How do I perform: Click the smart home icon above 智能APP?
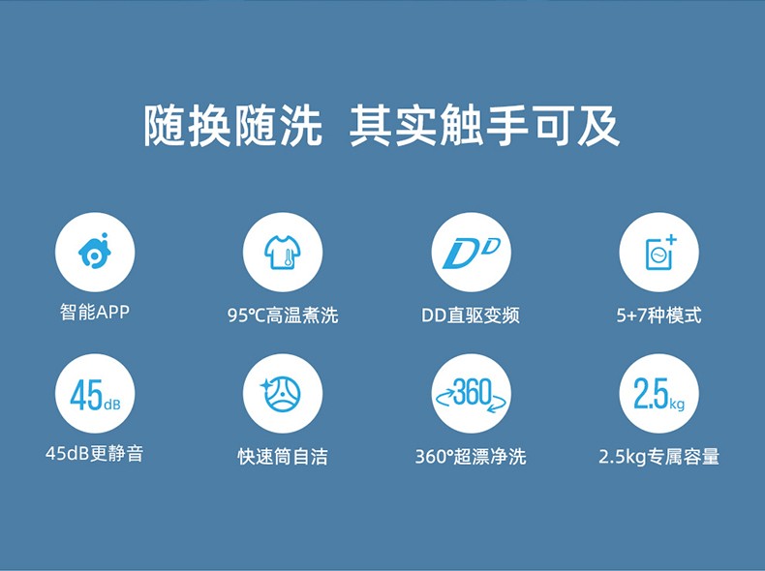tap(95, 252)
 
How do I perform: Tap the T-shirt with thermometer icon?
tap(283, 252)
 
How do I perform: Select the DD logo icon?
tap(471, 252)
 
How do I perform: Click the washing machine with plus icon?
tap(658, 252)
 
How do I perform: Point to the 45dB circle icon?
tap(95, 394)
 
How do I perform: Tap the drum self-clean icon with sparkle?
tap(283, 394)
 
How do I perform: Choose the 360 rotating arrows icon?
tap(471, 394)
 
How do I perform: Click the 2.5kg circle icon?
tap(658, 394)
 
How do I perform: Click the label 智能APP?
tap(95, 312)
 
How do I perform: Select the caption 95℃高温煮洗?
tap(283, 315)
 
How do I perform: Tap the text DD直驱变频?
tap(471, 315)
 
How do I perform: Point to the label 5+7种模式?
tap(658, 315)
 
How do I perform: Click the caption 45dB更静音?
tap(94, 454)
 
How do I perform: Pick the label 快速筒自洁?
tap(283, 457)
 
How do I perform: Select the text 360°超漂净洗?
tap(471, 457)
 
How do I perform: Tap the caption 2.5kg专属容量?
tap(658, 457)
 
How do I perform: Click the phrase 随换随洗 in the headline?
tap(233, 125)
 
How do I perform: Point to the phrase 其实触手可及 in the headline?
tap(484, 125)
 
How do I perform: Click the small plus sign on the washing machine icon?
tap(671, 239)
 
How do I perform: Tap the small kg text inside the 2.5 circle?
tap(677, 405)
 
